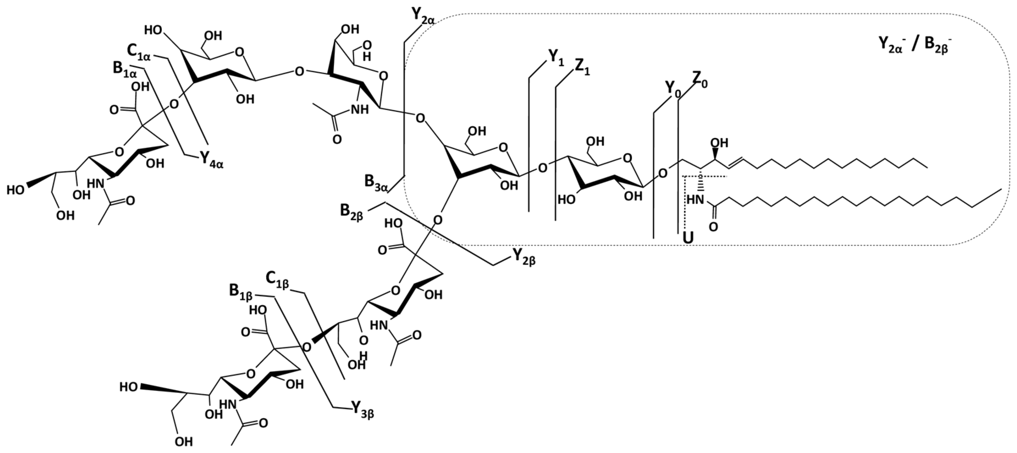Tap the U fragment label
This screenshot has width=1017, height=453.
688,238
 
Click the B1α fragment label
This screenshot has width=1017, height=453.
124,70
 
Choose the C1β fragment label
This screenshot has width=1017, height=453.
278,280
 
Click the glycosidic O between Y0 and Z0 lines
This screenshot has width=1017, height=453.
663,173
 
